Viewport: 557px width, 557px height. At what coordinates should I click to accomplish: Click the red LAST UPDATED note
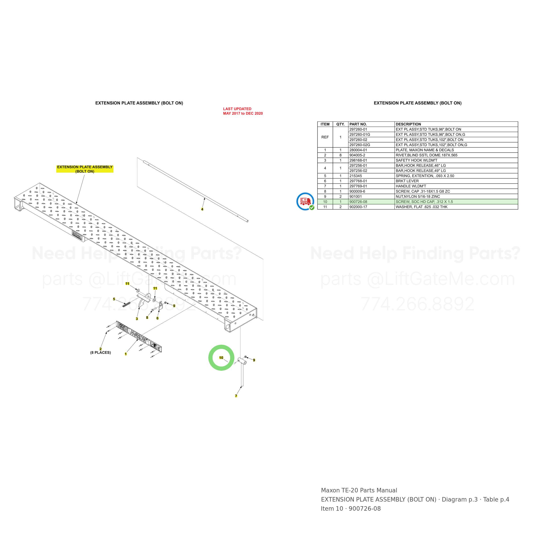point(243,111)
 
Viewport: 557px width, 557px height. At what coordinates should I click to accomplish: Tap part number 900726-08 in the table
point(358,202)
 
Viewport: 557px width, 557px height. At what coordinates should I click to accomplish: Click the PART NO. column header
point(358,124)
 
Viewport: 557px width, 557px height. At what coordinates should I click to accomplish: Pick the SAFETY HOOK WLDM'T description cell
point(416,160)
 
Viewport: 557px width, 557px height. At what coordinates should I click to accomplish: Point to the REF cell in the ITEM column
point(325,137)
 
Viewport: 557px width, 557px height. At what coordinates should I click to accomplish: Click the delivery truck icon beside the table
point(305,201)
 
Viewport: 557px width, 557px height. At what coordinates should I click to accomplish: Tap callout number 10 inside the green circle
point(221,358)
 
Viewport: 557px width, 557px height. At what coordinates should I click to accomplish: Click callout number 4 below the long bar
point(202,209)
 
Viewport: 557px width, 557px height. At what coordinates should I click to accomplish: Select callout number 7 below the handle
point(236,396)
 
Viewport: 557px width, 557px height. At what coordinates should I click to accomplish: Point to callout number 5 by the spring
point(114,299)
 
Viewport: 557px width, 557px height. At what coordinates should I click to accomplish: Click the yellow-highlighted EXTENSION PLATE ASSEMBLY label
point(85,169)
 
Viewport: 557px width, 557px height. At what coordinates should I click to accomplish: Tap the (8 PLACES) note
point(101,353)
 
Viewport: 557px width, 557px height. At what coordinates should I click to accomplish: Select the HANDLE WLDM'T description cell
point(411,186)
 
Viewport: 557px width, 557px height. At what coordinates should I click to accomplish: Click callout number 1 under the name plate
point(126,354)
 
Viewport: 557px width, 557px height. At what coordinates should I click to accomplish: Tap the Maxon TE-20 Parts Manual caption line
point(359,490)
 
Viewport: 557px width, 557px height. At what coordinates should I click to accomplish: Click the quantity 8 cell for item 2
point(340,155)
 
